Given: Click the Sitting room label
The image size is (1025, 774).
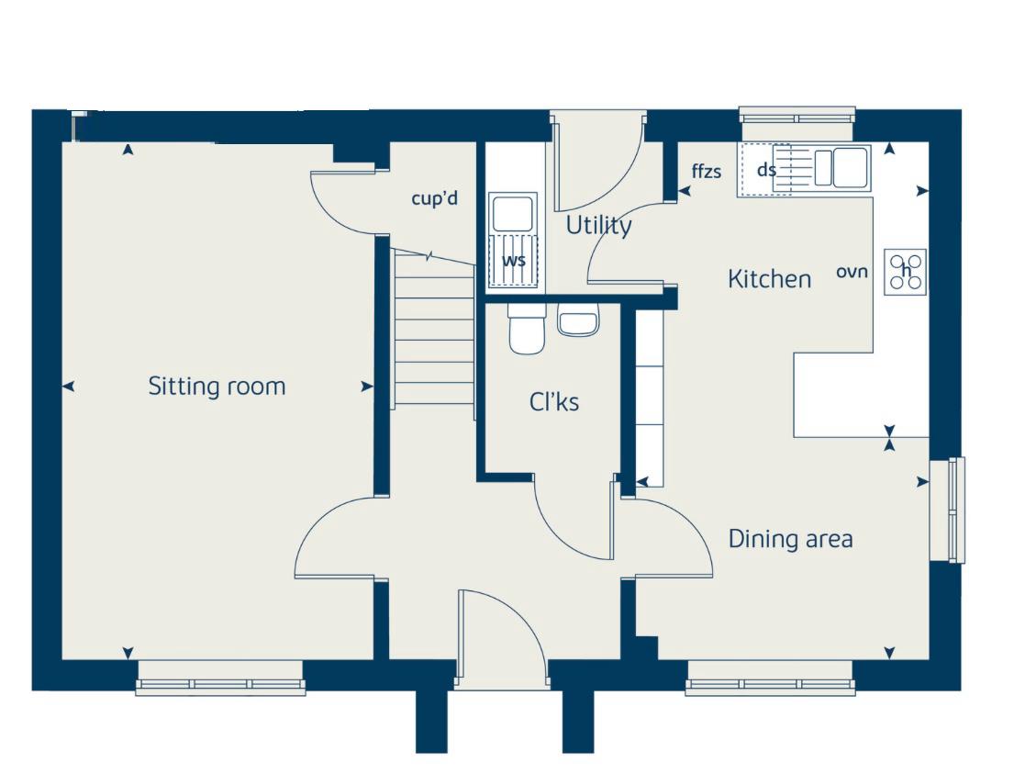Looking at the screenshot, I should coord(217,387).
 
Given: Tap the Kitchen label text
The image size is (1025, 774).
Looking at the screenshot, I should coord(769,279).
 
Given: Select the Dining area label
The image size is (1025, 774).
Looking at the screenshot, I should coord(790,539).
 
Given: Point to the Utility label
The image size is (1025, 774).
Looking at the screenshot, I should coord(598,226).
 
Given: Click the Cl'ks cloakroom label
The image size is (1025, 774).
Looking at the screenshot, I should coord(554,402).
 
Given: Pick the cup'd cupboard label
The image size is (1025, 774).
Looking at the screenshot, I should coord(434,197).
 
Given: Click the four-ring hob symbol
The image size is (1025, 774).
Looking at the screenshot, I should coord(905,272).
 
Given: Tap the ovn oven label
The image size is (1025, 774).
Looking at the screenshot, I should coord(852,272).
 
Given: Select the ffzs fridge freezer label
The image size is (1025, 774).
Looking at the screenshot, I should coord(707,171).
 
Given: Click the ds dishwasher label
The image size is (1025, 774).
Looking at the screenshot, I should coord(766,170).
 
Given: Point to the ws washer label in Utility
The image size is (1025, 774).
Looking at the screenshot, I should coord(514,260).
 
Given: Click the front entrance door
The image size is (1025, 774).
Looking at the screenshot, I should coord(502,640).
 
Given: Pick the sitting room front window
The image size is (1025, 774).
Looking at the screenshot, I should coord(219,684).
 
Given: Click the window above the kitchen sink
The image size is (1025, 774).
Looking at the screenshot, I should coord(797,118).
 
